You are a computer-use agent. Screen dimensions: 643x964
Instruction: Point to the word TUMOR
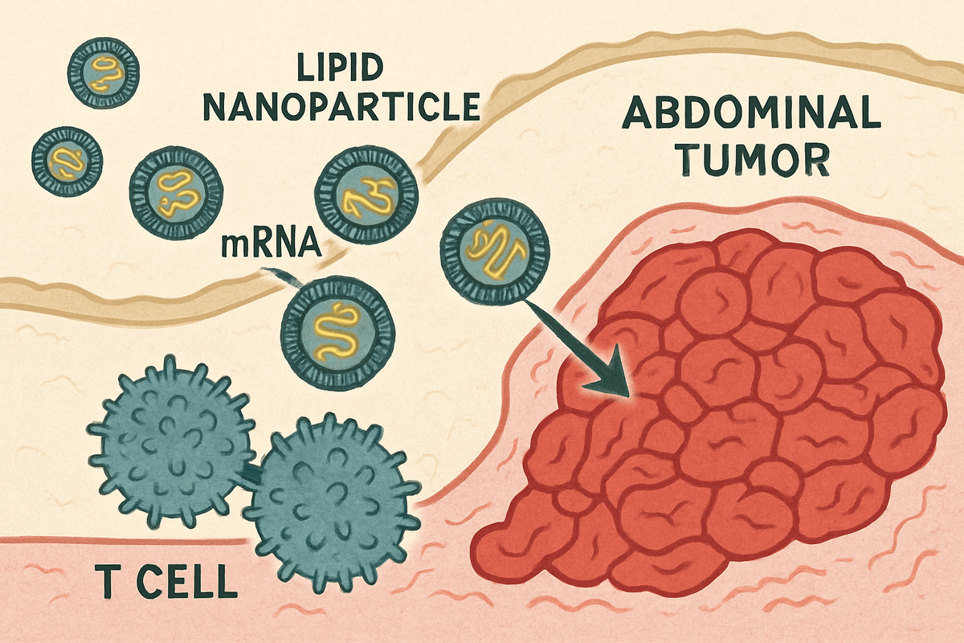(x=752, y=162)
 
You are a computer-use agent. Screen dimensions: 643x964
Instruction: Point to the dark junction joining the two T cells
(x=251, y=476)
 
